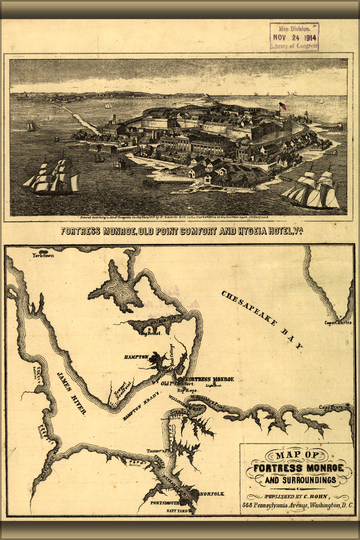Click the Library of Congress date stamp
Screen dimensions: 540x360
(x=294, y=36)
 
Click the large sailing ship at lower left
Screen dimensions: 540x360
(x=53, y=177)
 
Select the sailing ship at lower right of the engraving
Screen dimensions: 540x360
(x=312, y=190)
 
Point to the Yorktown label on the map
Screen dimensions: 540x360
(x=43, y=255)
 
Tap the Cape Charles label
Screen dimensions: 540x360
(x=338, y=322)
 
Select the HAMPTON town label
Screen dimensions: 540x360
(x=135, y=357)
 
